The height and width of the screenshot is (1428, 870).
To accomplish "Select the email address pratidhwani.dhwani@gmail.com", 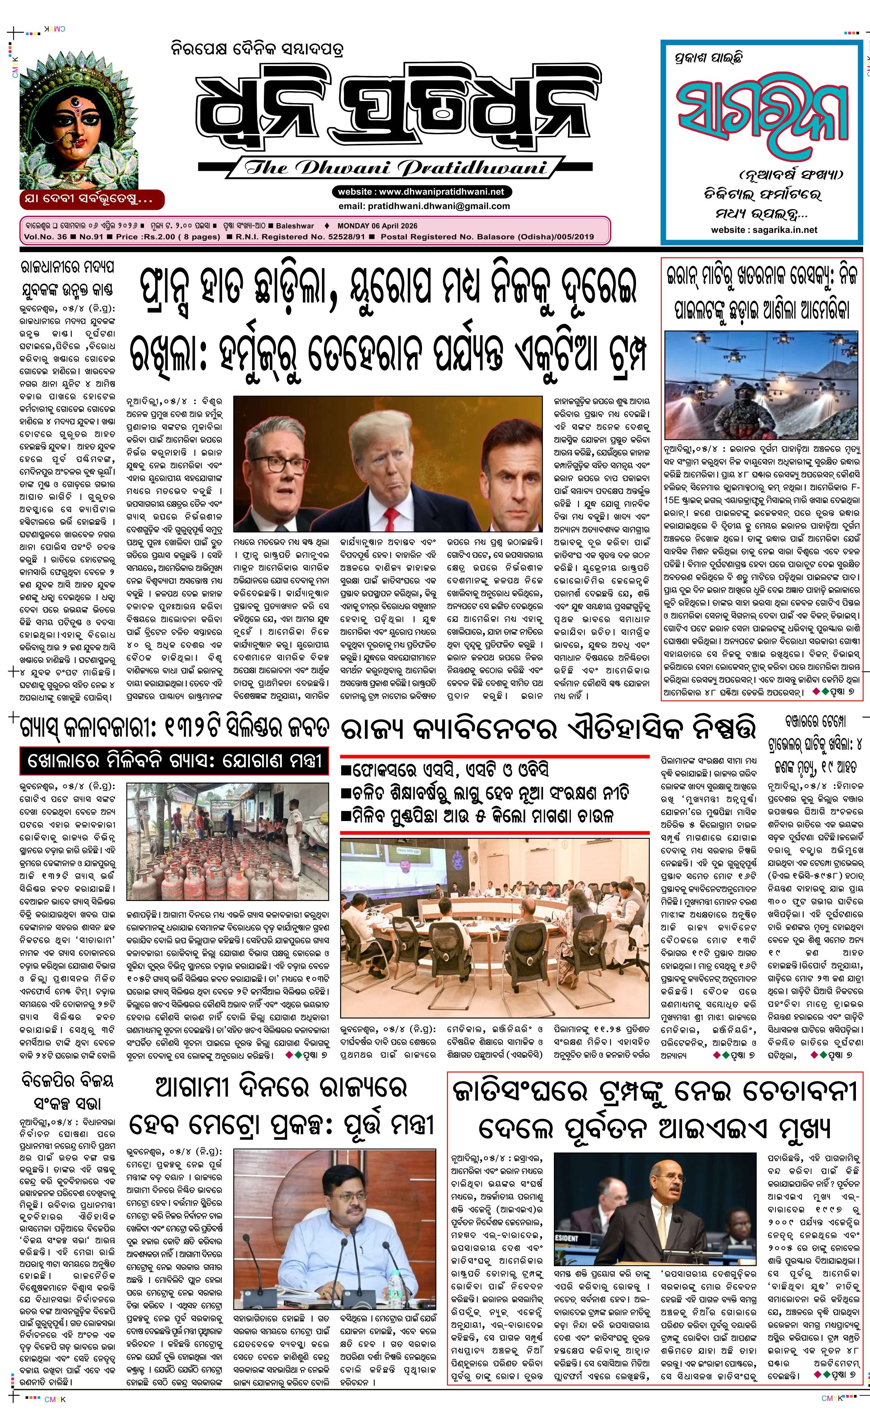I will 439,206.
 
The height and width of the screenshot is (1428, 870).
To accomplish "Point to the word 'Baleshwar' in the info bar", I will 295,226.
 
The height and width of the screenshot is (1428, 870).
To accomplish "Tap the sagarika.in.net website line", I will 764,229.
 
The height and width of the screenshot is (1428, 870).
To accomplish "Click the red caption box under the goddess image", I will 92,199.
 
